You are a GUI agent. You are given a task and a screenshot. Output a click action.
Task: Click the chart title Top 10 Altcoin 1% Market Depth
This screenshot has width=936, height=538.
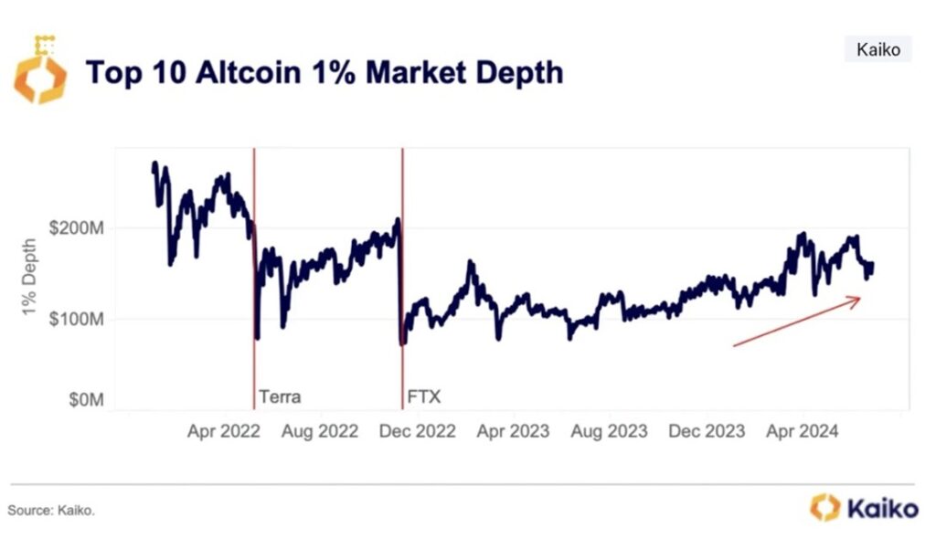[324, 72]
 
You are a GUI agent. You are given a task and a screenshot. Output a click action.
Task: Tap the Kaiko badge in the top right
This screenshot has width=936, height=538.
[877, 49]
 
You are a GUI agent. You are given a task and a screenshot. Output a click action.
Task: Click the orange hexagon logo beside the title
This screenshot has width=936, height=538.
[40, 71]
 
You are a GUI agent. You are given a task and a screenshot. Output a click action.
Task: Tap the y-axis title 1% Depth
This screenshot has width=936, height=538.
[29, 279]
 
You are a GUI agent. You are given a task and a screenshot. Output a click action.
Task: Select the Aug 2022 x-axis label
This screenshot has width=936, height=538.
[319, 431]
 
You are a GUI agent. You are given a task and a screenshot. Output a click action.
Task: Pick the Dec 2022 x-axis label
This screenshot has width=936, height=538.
[417, 431]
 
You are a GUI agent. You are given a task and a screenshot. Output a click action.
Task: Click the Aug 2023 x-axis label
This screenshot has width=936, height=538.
[609, 431]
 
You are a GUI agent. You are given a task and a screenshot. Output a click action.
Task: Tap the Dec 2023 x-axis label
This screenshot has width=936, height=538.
[706, 431]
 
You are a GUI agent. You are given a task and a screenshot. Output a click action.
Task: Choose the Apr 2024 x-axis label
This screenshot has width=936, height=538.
[801, 431]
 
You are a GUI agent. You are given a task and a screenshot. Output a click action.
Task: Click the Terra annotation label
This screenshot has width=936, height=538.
[280, 397]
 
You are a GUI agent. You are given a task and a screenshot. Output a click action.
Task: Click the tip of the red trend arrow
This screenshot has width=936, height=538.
[860, 298]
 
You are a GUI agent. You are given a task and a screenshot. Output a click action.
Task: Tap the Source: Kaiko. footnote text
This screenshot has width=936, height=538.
[51, 510]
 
